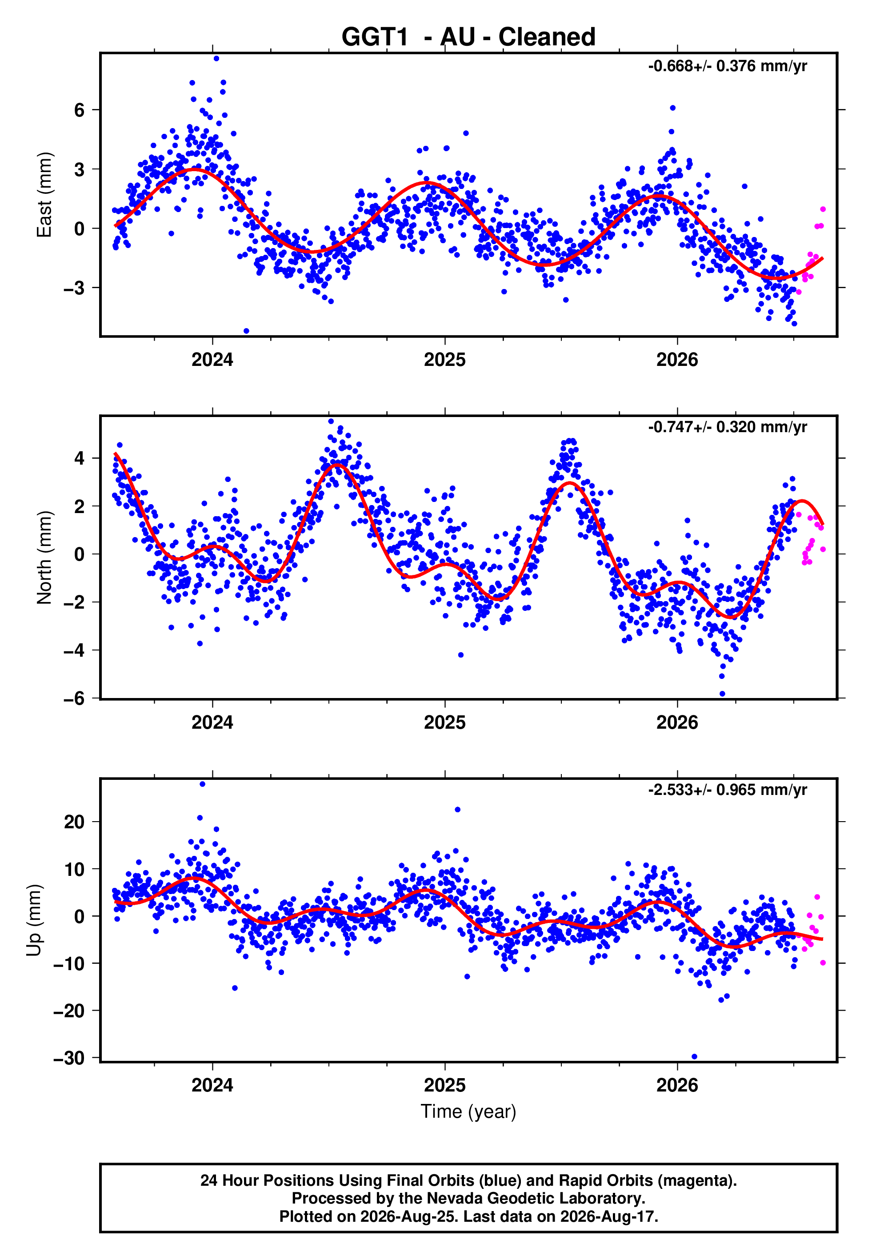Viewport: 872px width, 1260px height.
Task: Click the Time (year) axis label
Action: [468, 1112]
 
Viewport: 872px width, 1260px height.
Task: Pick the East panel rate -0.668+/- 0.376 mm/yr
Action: [727, 66]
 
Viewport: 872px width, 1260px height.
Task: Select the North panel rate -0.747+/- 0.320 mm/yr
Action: [727, 427]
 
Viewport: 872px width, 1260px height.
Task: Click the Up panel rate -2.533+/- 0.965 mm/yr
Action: [727, 790]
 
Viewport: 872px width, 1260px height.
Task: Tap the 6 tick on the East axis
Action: [80, 110]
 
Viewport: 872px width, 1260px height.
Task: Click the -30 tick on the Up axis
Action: [69, 1059]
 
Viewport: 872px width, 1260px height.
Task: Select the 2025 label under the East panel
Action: [445, 360]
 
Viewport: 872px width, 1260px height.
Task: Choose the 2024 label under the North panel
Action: [212, 722]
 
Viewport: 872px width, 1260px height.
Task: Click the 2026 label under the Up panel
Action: [677, 1085]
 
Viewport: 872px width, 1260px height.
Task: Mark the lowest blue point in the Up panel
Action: [694, 1056]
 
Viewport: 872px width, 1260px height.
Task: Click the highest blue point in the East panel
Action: [216, 58]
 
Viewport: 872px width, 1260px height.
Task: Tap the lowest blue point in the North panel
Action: [722, 694]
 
